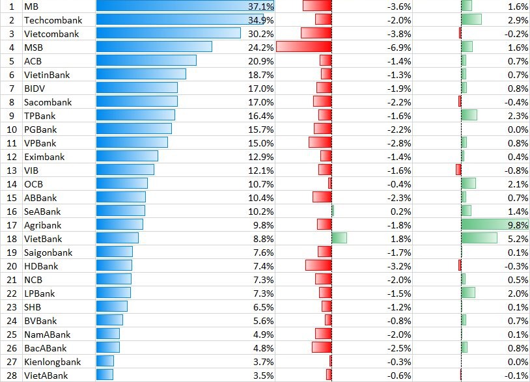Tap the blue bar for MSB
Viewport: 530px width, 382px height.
[154, 47]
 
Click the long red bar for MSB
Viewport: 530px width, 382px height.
[304, 47]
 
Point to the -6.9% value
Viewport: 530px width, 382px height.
[399, 47]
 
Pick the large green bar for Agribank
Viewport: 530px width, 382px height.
[495, 225]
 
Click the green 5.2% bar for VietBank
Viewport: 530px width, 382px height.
[475, 238]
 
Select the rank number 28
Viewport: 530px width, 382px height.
[11, 375]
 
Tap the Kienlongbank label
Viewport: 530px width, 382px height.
[52, 361]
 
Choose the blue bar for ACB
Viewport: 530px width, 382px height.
[146, 61]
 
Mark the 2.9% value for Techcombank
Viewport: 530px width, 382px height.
[517, 20]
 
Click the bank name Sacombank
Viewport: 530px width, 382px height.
[48, 102]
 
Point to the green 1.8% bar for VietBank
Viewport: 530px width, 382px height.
[339, 238]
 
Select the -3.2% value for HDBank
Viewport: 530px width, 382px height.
[399, 266]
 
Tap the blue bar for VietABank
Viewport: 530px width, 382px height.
[105, 375]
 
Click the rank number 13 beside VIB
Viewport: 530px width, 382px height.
[11, 170]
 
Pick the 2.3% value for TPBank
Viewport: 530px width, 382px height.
[517, 115]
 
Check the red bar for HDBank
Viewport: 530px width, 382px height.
[318, 266]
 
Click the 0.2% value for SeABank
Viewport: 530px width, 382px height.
[400, 211]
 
